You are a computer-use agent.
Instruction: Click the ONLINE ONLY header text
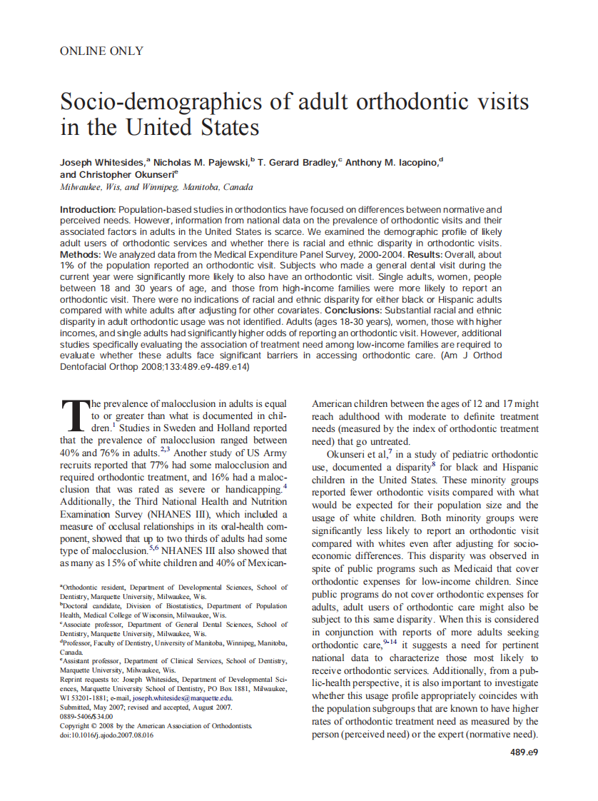[101, 51]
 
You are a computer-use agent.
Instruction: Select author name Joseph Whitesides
[102, 163]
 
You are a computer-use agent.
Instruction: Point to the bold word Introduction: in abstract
[88, 210]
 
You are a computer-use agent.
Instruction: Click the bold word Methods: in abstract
[80, 254]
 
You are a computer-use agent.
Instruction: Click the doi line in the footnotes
[106, 735]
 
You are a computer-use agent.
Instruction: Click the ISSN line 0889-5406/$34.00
[86, 716]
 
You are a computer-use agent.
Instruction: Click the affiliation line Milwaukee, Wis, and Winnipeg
[156, 187]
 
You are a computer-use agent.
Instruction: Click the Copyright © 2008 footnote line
[156, 725]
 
